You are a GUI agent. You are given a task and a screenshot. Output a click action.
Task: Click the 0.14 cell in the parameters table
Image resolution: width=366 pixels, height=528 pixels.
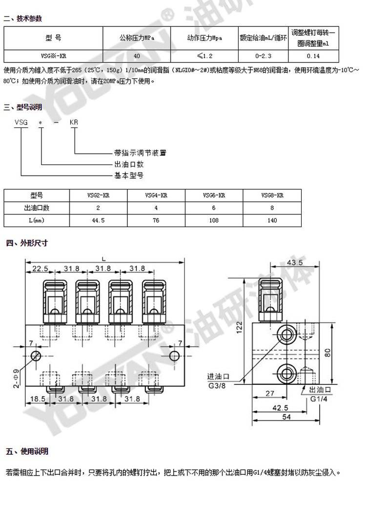click(313, 56)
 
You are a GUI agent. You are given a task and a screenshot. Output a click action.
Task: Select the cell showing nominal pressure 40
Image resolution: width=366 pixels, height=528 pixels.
click(137, 56)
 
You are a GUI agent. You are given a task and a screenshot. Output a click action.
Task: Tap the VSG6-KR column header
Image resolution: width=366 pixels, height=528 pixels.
click(214, 195)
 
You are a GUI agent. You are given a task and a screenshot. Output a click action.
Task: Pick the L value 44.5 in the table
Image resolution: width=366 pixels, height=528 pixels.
click(98, 220)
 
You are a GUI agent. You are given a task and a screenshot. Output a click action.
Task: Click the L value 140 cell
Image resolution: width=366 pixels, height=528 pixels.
click(272, 220)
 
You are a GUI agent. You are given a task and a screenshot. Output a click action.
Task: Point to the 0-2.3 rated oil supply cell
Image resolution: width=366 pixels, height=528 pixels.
click(263, 56)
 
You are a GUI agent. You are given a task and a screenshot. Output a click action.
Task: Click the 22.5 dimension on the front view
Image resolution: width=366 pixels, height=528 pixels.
click(40, 269)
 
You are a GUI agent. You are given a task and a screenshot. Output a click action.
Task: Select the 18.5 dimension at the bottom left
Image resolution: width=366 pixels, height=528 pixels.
click(38, 399)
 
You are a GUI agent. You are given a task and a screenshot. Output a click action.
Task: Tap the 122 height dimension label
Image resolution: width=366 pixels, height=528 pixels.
click(239, 327)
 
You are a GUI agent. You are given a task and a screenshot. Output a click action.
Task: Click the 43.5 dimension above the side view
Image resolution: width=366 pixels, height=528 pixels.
click(295, 263)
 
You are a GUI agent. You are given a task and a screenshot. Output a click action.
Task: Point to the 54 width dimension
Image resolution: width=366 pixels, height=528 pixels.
click(286, 417)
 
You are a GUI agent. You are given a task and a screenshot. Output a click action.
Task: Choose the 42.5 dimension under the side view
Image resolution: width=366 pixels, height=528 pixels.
click(280, 408)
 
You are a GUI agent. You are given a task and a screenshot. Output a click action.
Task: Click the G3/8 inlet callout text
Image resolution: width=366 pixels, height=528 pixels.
click(217, 386)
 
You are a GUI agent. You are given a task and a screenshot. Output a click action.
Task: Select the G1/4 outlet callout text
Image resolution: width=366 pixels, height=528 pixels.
click(319, 399)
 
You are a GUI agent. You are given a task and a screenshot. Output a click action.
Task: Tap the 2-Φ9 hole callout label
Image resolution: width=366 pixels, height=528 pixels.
click(16, 379)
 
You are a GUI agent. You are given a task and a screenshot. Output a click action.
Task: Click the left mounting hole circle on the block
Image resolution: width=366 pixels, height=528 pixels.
click(36, 356)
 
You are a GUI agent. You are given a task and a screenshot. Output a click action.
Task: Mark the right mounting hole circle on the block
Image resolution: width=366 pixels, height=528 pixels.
click(174, 356)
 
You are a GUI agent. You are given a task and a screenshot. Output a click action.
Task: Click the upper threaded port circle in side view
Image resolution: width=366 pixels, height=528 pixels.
click(287, 335)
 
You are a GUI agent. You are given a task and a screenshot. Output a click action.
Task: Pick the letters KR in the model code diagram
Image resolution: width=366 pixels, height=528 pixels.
click(74, 122)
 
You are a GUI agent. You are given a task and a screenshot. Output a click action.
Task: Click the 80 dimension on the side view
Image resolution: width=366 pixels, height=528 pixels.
click(327, 353)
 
